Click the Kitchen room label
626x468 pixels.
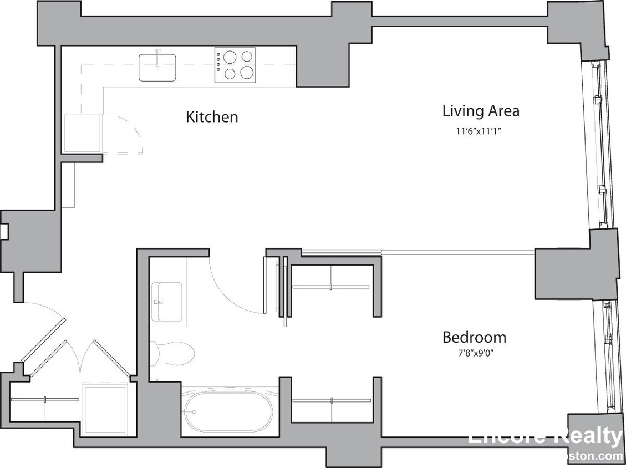point(212,117)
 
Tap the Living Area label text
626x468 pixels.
point(481,111)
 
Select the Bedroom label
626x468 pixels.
point(474,337)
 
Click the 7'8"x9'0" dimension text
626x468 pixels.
point(474,353)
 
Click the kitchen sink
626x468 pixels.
point(157,67)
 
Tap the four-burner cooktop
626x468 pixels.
point(236,65)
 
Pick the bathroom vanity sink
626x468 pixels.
point(167,302)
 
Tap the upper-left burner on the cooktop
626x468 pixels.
point(229,57)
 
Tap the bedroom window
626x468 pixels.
point(605,355)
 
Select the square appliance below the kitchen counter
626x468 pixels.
point(82,134)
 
